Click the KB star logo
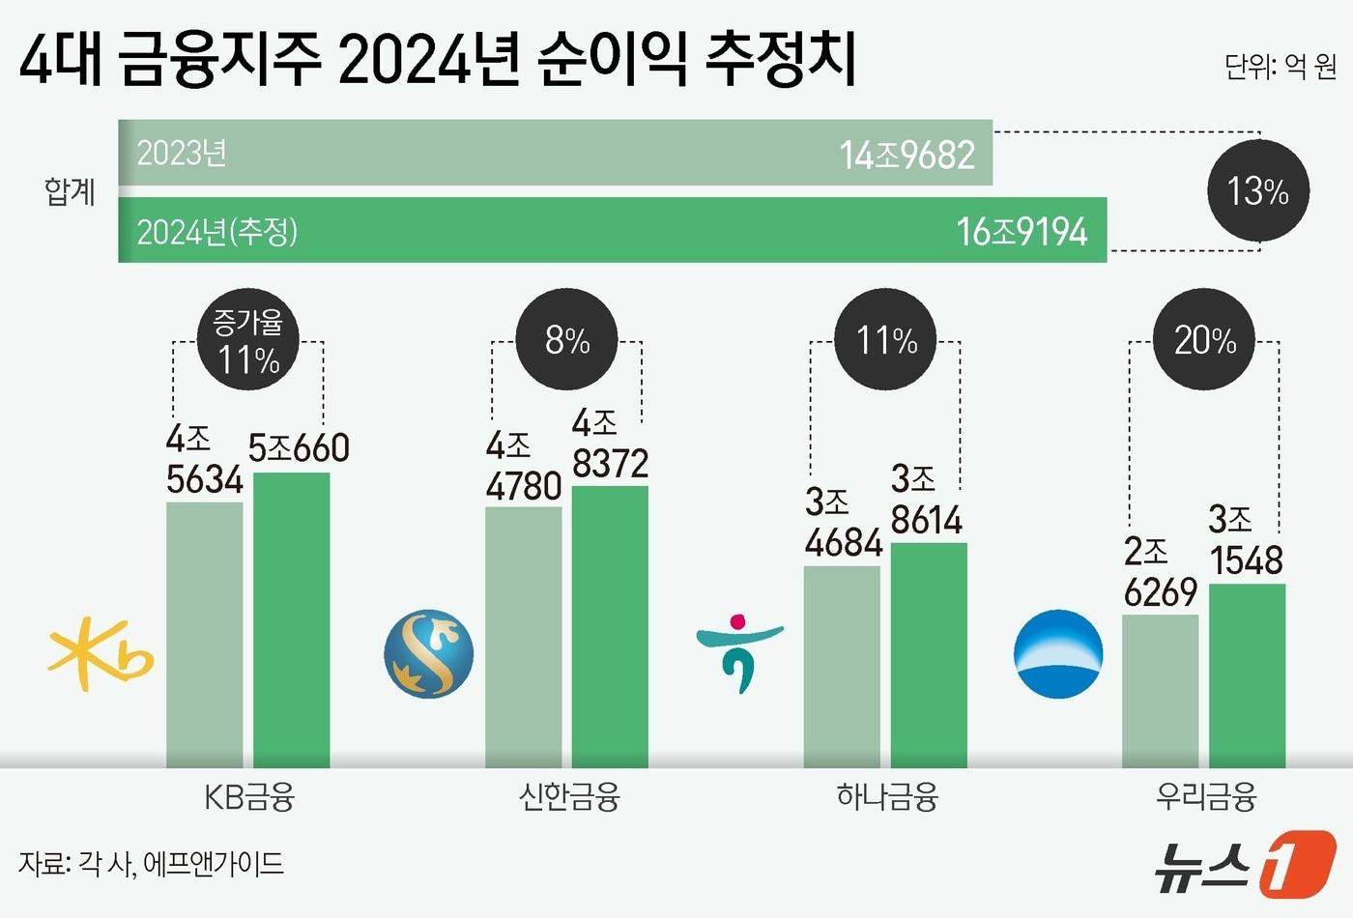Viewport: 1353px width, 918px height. coord(100,659)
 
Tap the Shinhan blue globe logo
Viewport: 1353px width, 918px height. coord(428,654)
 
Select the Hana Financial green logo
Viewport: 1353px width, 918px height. coord(739,652)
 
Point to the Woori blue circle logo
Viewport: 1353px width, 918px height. coord(1058,654)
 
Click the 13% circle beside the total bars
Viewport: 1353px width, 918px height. coord(1257,191)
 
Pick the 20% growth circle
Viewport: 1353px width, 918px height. coord(1204,339)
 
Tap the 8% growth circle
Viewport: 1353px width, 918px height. coord(567,339)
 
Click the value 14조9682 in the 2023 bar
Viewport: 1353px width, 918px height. coord(907,155)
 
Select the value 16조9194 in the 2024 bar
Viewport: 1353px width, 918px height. coord(1022,232)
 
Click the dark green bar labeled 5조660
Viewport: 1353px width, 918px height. coord(291,618)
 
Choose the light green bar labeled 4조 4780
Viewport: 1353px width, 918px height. coord(523,638)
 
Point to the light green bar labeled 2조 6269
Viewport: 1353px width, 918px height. coord(1160,691)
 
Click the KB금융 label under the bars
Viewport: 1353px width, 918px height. coord(248,797)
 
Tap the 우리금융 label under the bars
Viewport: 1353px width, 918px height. coord(1205,797)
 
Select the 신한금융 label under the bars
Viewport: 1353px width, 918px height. coord(568,797)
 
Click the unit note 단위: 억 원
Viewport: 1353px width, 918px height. coord(1280,67)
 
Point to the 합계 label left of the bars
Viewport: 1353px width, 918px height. coord(70,191)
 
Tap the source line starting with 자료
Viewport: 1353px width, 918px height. coord(151,863)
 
